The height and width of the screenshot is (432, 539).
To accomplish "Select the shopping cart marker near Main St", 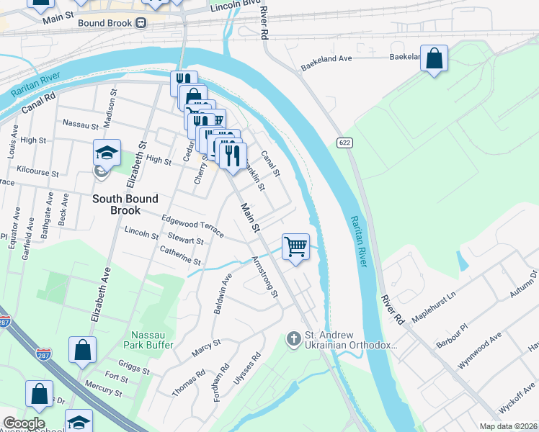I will (295, 247).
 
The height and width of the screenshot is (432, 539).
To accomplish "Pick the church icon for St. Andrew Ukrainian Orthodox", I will (293, 338).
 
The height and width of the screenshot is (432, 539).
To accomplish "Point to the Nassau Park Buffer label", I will (152, 340).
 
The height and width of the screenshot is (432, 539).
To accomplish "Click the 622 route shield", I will (344, 143).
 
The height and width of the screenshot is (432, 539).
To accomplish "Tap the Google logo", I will (24, 423).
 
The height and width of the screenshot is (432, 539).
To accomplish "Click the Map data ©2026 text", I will (507, 426).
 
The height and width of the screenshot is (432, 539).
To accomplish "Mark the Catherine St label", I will (180, 256).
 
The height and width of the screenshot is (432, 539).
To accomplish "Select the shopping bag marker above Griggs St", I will (83, 350).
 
